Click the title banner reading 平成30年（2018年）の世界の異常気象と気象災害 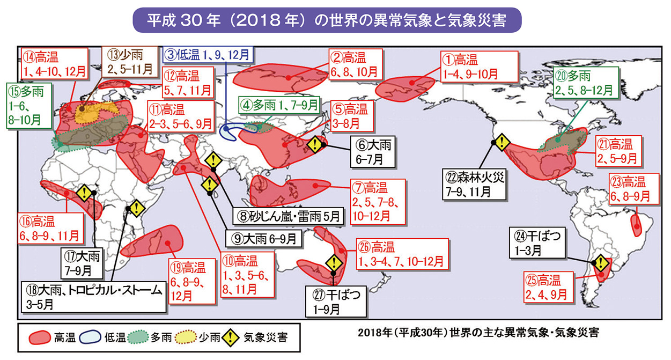tap(327, 20)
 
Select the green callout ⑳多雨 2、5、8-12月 tap(585, 83)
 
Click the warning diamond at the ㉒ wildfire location tap(501, 142)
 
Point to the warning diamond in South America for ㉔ tap(600, 263)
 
